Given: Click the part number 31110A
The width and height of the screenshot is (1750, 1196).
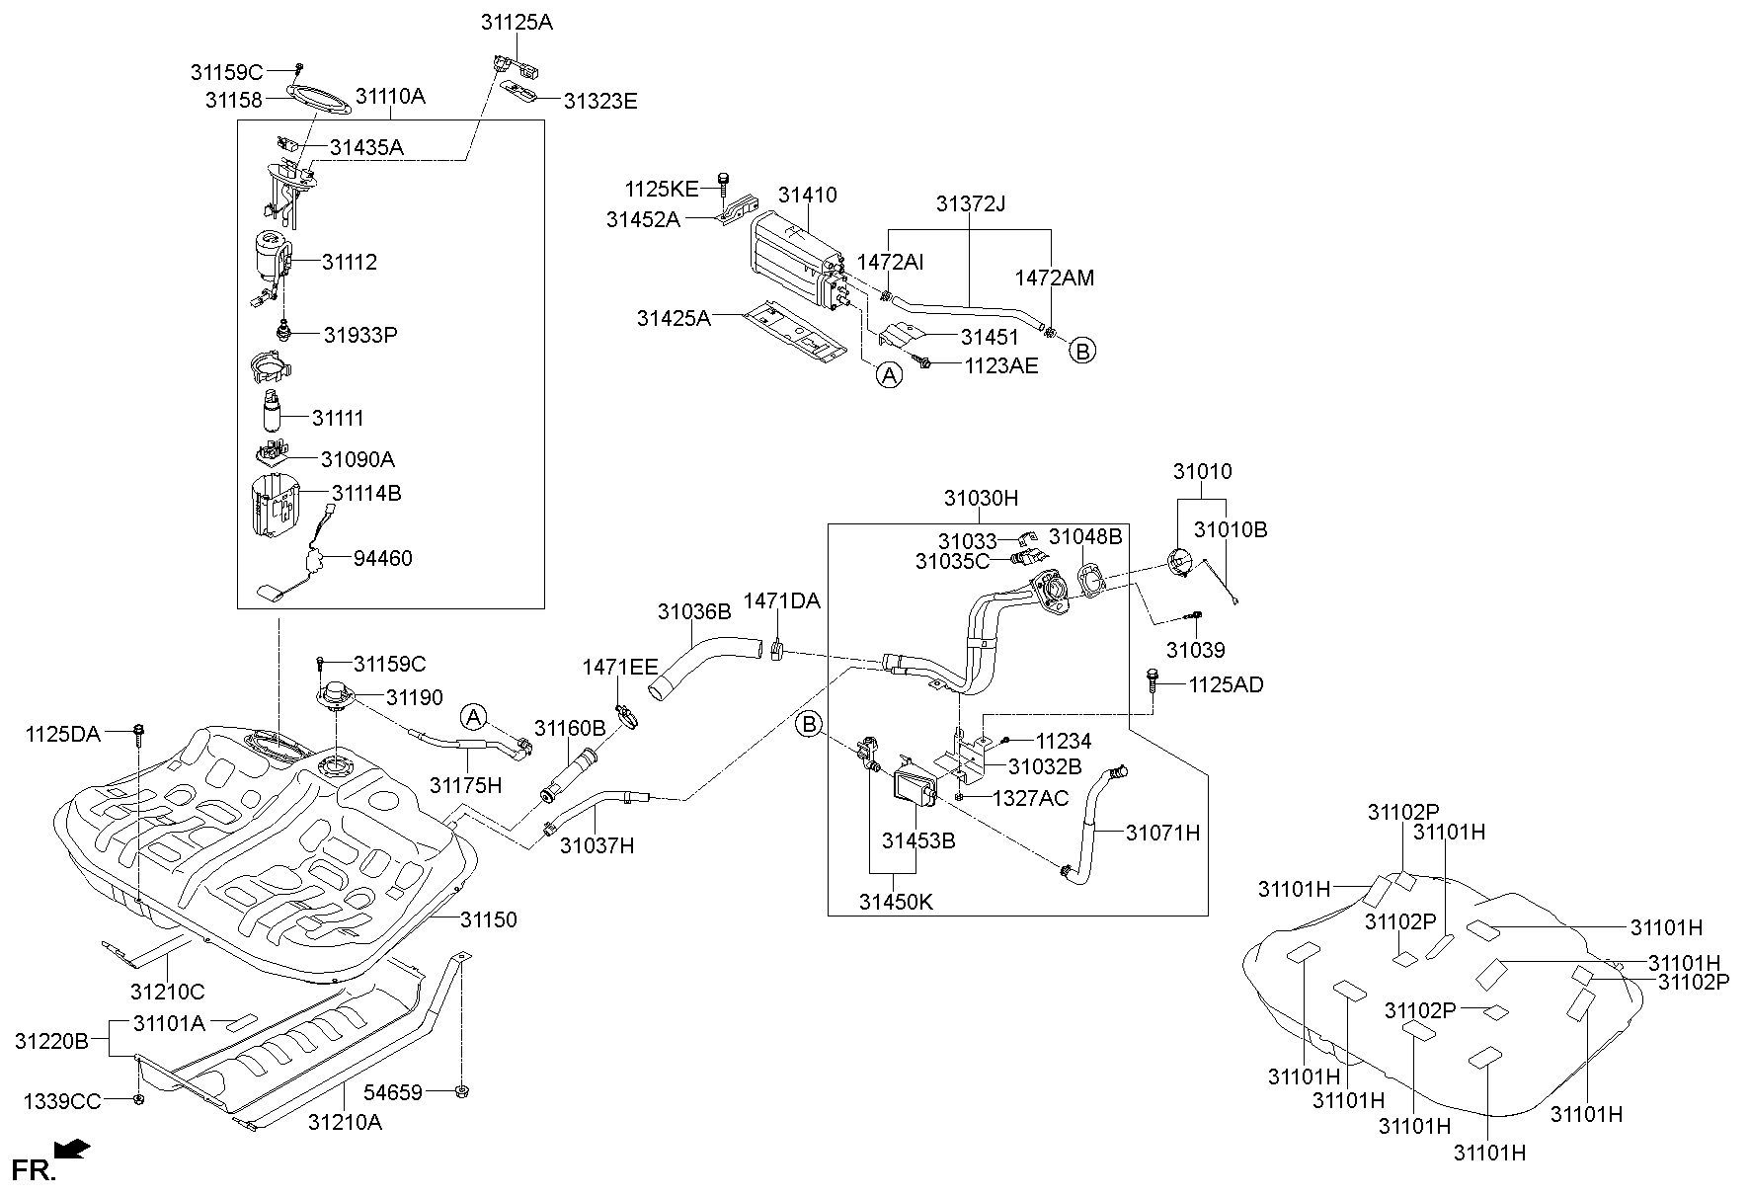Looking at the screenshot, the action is coord(390,96).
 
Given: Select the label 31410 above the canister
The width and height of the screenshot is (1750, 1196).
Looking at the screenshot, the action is coord(807,195).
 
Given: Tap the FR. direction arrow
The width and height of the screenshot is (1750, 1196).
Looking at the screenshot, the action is coord(72,1149).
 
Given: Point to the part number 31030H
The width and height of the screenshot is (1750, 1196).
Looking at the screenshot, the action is coord(980,499).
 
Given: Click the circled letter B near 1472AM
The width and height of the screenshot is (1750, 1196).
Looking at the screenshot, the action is coord(1083,350).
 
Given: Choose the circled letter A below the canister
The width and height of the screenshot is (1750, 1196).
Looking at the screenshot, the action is coord(890,375).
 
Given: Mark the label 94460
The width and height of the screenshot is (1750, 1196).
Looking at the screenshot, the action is coord(383,558).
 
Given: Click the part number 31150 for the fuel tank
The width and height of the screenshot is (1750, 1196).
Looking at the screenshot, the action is coord(488,919).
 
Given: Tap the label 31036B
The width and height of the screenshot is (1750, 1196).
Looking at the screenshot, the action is coord(694,612).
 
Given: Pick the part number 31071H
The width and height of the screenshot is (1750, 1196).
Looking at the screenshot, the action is coord(1162,833).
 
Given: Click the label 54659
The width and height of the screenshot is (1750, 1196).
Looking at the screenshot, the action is coord(393,1092).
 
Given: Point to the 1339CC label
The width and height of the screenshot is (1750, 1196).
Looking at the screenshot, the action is coord(62,1101).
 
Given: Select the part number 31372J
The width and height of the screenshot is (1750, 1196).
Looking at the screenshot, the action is coord(971,204).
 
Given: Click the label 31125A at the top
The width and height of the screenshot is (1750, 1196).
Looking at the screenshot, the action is coord(517,22).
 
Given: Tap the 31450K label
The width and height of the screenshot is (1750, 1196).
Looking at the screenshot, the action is coord(896,902).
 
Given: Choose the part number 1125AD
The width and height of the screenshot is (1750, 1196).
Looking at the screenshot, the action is coord(1226,684).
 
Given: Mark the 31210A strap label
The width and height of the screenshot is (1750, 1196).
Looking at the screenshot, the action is coord(345,1122).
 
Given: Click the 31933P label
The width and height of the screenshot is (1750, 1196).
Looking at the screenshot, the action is coord(360,335).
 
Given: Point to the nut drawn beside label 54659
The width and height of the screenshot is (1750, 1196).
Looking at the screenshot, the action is coord(462,1091).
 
